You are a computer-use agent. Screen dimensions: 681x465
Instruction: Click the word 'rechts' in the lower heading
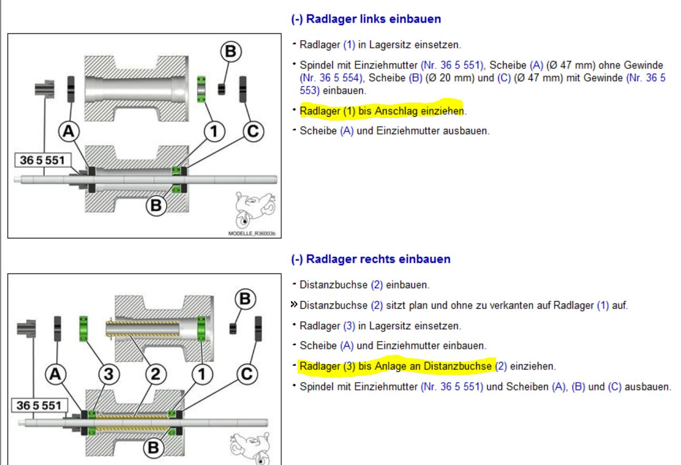click(x=377, y=259)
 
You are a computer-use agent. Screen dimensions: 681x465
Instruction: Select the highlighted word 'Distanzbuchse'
click(x=458, y=366)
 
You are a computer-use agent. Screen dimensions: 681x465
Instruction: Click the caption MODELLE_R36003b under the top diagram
click(x=252, y=233)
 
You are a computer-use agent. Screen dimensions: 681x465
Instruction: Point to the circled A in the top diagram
click(x=68, y=131)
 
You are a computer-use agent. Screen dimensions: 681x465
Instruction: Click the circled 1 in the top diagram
click(x=214, y=131)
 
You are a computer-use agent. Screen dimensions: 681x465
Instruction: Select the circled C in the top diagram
click(x=253, y=131)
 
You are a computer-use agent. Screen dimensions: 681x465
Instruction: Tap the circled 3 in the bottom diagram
click(x=109, y=374)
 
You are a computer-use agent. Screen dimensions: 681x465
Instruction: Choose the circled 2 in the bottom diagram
click(x=156, y=374)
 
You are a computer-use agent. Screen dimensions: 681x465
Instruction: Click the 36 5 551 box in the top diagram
click(x=43, y=160)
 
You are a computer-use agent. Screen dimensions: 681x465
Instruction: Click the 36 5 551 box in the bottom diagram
click(x=39, y=405)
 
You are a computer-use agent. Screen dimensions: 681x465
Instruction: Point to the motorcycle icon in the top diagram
click(x=255, y=210)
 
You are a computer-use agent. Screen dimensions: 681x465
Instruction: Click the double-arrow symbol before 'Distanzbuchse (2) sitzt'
click(x=294, y=304)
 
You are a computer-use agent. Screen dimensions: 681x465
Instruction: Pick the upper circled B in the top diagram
click(x=231, y=51)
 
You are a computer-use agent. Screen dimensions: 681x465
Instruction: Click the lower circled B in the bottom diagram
click(x=154, y=448)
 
